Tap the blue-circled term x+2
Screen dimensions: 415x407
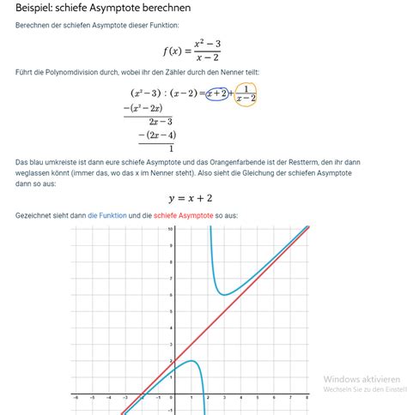point(217,93)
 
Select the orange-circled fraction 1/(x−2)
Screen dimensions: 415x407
point(246,93)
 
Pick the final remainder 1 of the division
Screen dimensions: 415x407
point(171,148)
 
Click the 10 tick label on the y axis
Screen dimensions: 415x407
point(170,230)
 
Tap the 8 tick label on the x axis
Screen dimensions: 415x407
point(307,398)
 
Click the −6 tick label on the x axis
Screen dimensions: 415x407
point(76,398)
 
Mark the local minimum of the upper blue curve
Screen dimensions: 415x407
point(224,294)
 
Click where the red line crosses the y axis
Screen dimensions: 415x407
point(175,361)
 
